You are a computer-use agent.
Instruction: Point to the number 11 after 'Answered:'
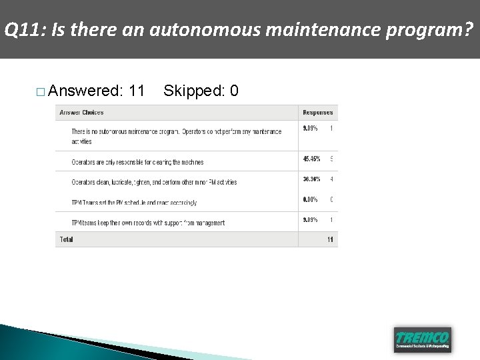137,90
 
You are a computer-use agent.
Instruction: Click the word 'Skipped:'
193,90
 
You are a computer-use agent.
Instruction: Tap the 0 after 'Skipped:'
234,90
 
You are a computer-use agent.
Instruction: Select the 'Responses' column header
317,112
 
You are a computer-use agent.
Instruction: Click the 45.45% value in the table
311,159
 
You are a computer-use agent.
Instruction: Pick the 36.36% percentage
311,179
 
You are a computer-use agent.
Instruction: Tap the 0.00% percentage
310,199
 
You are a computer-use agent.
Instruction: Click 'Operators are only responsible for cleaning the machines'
137,162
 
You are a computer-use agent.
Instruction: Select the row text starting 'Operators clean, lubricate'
154,182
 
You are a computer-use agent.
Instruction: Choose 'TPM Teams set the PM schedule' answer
134,203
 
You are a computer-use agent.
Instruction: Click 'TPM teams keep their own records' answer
148,223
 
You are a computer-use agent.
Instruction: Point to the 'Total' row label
66,239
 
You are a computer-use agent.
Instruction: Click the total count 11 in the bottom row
330,239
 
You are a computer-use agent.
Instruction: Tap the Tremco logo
422,338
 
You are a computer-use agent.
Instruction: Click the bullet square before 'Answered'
41,91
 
